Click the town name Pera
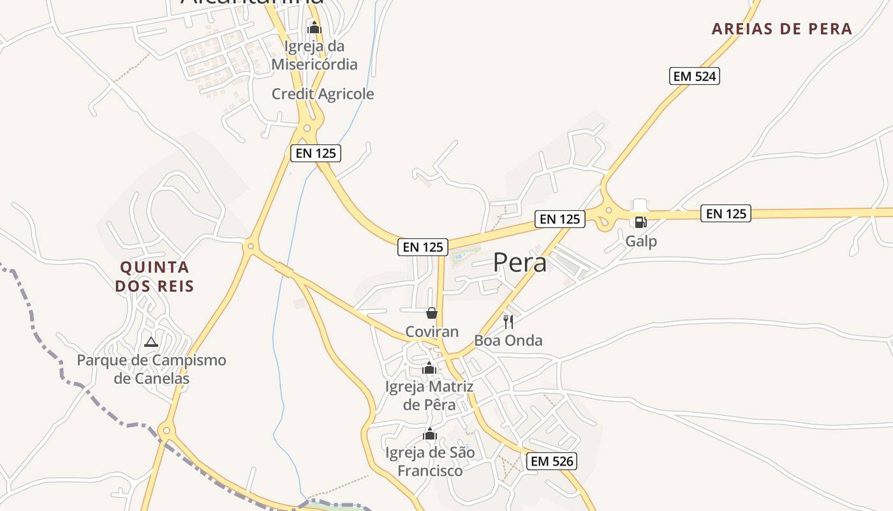coord(520,263)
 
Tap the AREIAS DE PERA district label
coord(782,29)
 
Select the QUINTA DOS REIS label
coord(154,276)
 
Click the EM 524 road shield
coord(695,77)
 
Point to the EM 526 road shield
coord(552,461)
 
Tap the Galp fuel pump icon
coord(640,222)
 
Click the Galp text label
coord(641,241)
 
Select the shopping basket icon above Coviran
coord(432,313)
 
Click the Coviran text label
coord(432,332)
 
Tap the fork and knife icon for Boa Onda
coord(508,321)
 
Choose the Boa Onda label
coord(508,340)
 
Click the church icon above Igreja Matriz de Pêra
coord(429,369)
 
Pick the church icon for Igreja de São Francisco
coord(430,435)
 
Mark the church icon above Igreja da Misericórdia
coord(314,27)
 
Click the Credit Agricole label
coord(323,94)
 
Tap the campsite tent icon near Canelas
coord(151,342)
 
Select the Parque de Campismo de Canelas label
coord(152,369)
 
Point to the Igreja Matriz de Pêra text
coord(429,395)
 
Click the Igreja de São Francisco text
coord(430,462)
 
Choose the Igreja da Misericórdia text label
coord(314,55)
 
